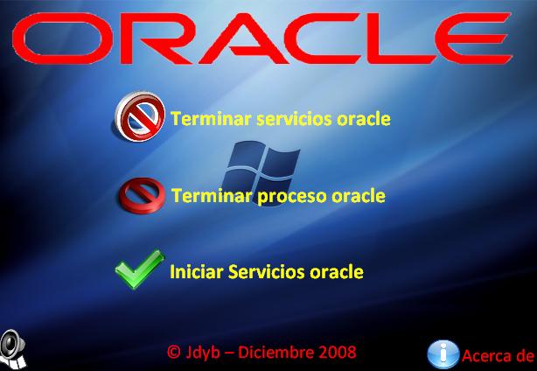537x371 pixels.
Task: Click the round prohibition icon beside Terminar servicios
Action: click(140, 116)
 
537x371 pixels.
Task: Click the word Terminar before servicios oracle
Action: click(212, 119)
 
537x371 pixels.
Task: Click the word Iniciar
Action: click(197, 271)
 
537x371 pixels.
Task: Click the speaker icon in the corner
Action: click(12, 348)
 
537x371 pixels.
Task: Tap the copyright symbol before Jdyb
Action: click(174, 352)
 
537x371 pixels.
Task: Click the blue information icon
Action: click(443, 354)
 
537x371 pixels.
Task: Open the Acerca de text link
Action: click(498, 355)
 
